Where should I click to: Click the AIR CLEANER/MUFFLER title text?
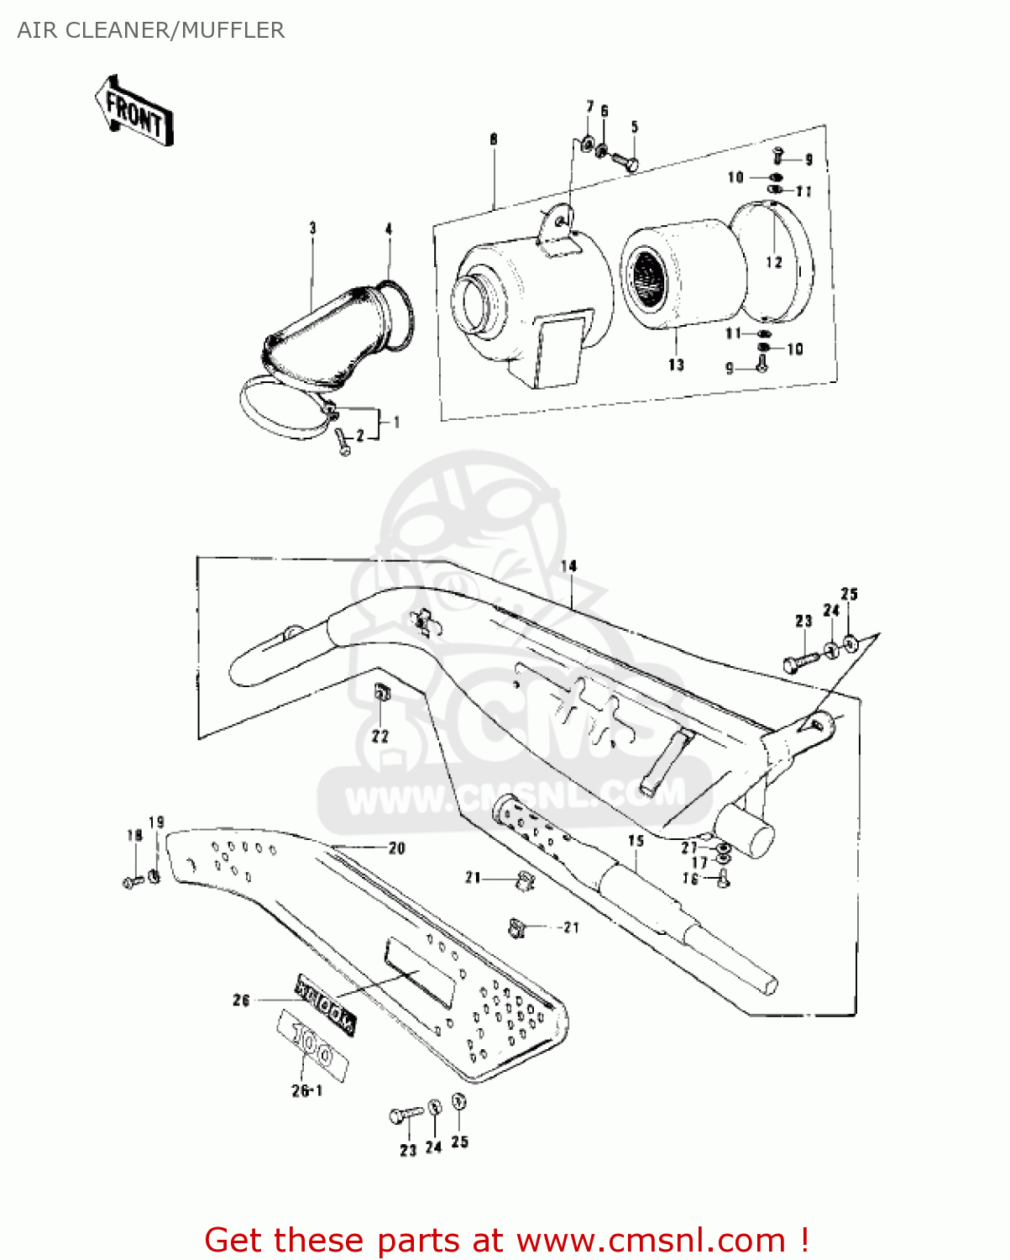pyautogui.click(x=151, y=30)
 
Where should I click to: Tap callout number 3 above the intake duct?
pyautogui.click(x=312, y=228)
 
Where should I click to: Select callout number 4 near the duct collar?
pyautogui.click(x=389, y=228)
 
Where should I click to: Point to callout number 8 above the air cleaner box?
pyautogui.click(x=494, y=139)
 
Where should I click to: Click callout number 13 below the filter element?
pyautogui.click(x=677, y=365)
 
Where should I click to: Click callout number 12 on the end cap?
pyautogui.click(x=773, y=262)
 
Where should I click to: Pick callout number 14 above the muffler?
pyautogui.click(x=569, y=565)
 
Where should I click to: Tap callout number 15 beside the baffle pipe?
pyautogui.click(x=636, y=840)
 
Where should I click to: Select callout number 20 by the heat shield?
pyautogui.click(x=397, y=848)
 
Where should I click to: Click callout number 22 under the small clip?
pyautogui.click(x=380, y=736)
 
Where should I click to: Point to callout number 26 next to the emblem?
pyautogui.click(x=241, y=1000)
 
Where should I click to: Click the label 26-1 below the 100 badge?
pyautogui.click(x=306, y=1090)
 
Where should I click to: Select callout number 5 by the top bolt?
pyautogui.click(x=635, y=127)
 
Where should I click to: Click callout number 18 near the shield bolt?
pyautogui.click(x=134, y=835)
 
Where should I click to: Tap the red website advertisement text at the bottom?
pyautogui.click(x=506, y=1240)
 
